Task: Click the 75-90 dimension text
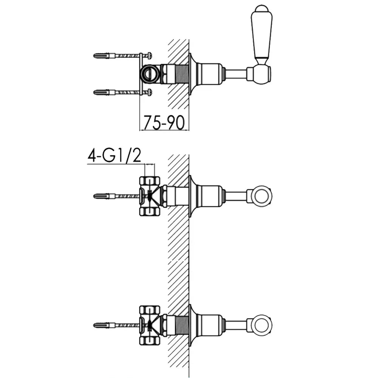[x=164, y=122]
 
